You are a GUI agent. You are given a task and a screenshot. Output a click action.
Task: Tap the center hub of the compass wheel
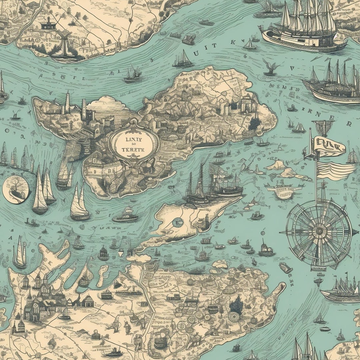319,230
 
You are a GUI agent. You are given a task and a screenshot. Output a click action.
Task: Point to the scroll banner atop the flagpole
327,146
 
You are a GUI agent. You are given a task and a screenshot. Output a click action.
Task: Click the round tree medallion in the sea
15,189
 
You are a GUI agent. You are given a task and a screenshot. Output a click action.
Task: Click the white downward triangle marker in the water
121,254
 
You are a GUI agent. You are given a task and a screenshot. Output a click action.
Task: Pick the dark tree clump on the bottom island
236,304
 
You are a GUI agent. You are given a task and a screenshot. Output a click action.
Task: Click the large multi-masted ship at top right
303,28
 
